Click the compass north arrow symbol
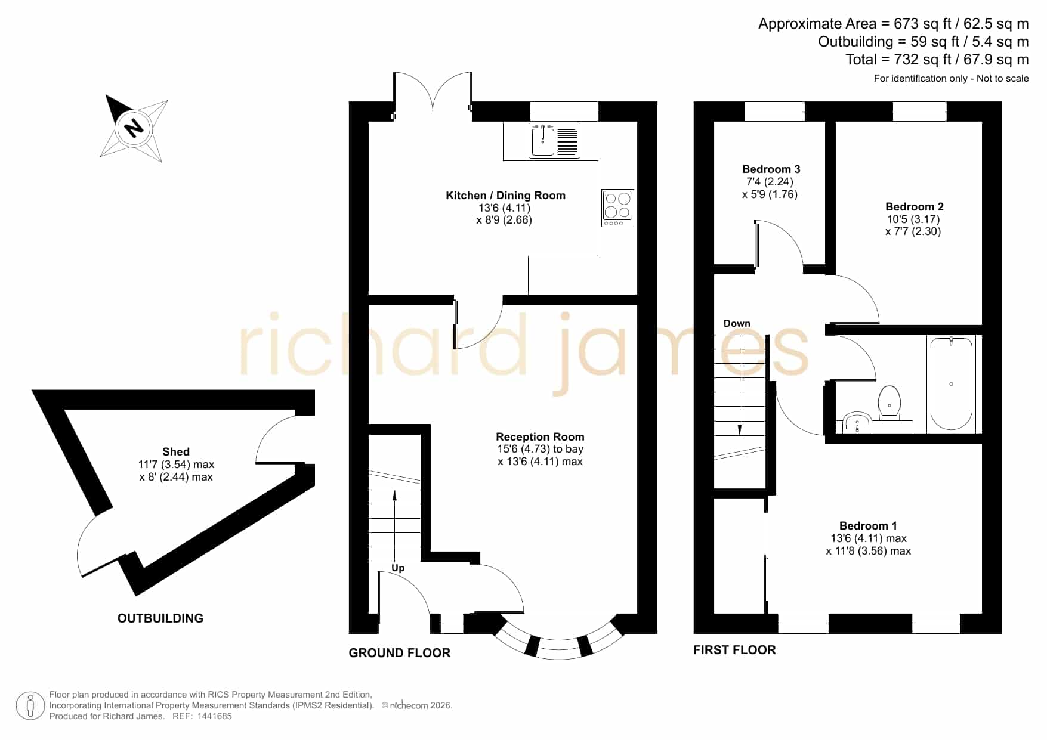[x=134, y=128]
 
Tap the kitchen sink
[x=554, y=140]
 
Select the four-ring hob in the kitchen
[x=617, y=208]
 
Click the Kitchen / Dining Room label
[x=505, y=196]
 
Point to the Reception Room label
[x=540, y=437]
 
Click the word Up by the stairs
[x=398, y=568]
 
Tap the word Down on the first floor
[x=737, y=323]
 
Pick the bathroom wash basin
[x=857, y=422]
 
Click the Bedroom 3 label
[x=771, y=169]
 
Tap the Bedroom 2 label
[x=914, y=207]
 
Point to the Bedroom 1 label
[x=868, y=526]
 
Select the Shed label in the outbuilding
[x=176, y=452]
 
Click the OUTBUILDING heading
[x=160, y=618]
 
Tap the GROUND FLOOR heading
[x=400, y=653]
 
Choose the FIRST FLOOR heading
[x=734, y=650]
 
